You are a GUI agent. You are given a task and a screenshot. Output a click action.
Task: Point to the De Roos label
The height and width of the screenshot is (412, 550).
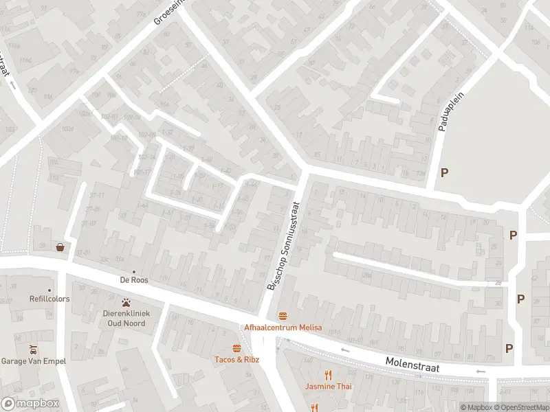tap(134, 280)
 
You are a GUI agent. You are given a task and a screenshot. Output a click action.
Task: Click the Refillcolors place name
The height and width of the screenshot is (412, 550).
tap(30, 299)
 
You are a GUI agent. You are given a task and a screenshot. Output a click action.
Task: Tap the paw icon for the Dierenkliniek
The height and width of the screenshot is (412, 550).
tap(126, 302)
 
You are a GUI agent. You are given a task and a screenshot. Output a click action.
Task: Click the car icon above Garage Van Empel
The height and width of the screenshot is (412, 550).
tap(32, 349)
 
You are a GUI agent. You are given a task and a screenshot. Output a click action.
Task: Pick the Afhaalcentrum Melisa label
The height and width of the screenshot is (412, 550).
tap(283, 328)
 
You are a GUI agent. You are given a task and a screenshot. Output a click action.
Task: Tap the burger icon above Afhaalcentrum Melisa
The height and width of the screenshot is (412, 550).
tap(283, 316)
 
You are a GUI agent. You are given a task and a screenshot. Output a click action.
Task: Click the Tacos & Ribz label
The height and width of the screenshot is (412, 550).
tap(237, 359)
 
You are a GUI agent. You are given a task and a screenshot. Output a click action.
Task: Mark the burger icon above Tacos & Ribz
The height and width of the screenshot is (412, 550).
tap(237, 347)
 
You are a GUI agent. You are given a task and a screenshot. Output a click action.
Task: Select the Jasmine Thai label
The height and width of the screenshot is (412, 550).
tap(329, 387)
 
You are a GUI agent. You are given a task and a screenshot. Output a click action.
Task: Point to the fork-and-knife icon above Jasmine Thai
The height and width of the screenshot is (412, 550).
tap(329, 375)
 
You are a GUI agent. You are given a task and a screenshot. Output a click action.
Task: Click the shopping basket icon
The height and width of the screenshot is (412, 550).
tap(60, 247)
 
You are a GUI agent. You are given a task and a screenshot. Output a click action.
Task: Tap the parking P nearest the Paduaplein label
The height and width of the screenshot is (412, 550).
tap(444, 172)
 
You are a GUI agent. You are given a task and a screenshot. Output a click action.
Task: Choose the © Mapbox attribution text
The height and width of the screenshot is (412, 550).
tap(476, 407)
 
